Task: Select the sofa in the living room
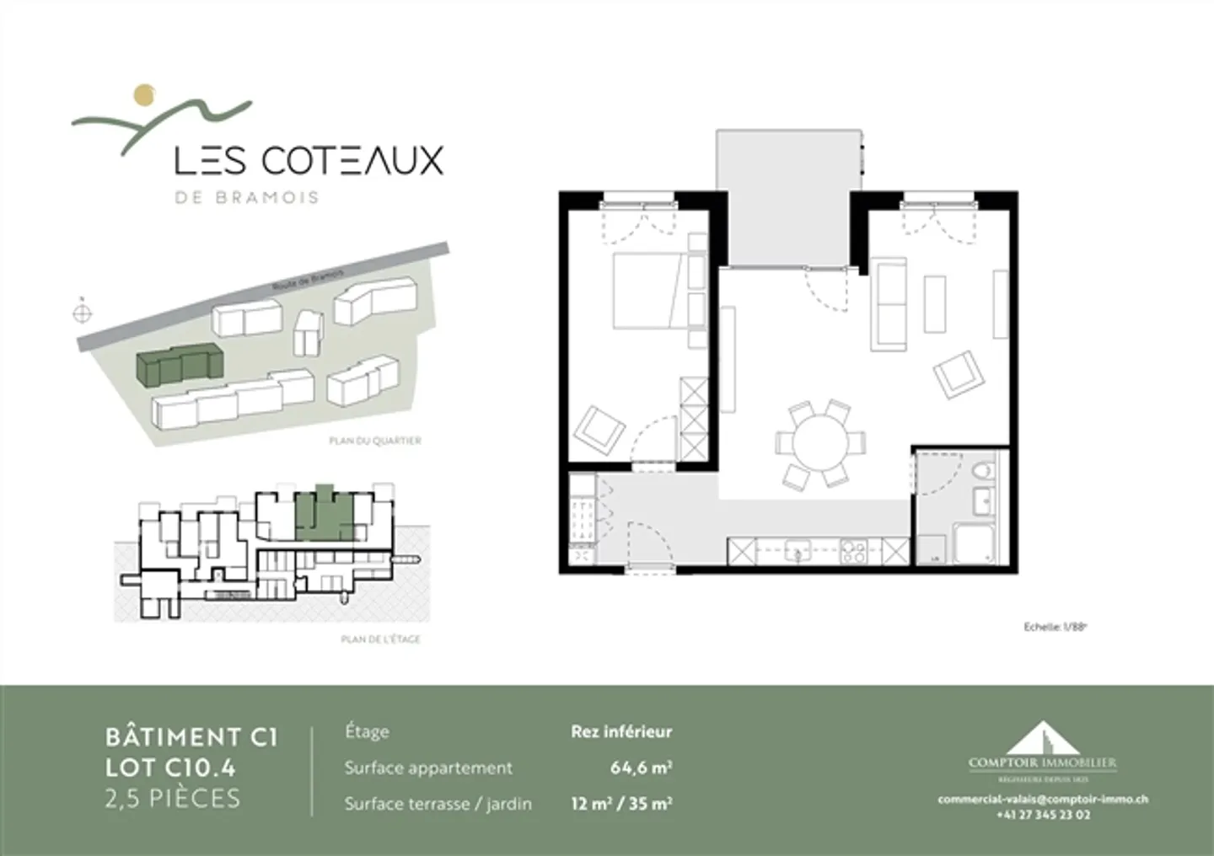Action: (890, 304)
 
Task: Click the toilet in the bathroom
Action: (983, 473)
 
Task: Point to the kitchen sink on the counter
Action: (795, 553)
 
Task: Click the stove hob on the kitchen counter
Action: (853, 553)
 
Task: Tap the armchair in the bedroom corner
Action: (598, 431)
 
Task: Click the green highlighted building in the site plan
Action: (178, 365)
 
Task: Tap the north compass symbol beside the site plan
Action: (82, 313)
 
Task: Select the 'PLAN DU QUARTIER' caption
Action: (374, 441)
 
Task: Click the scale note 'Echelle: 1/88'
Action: (1050, 627)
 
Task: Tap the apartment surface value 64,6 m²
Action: (641, 768)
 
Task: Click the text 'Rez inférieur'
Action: (621, 731)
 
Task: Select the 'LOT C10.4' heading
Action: (170, 767)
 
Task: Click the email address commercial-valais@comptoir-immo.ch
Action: (1043, 800)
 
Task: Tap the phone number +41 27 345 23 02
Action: (1043, 815)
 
